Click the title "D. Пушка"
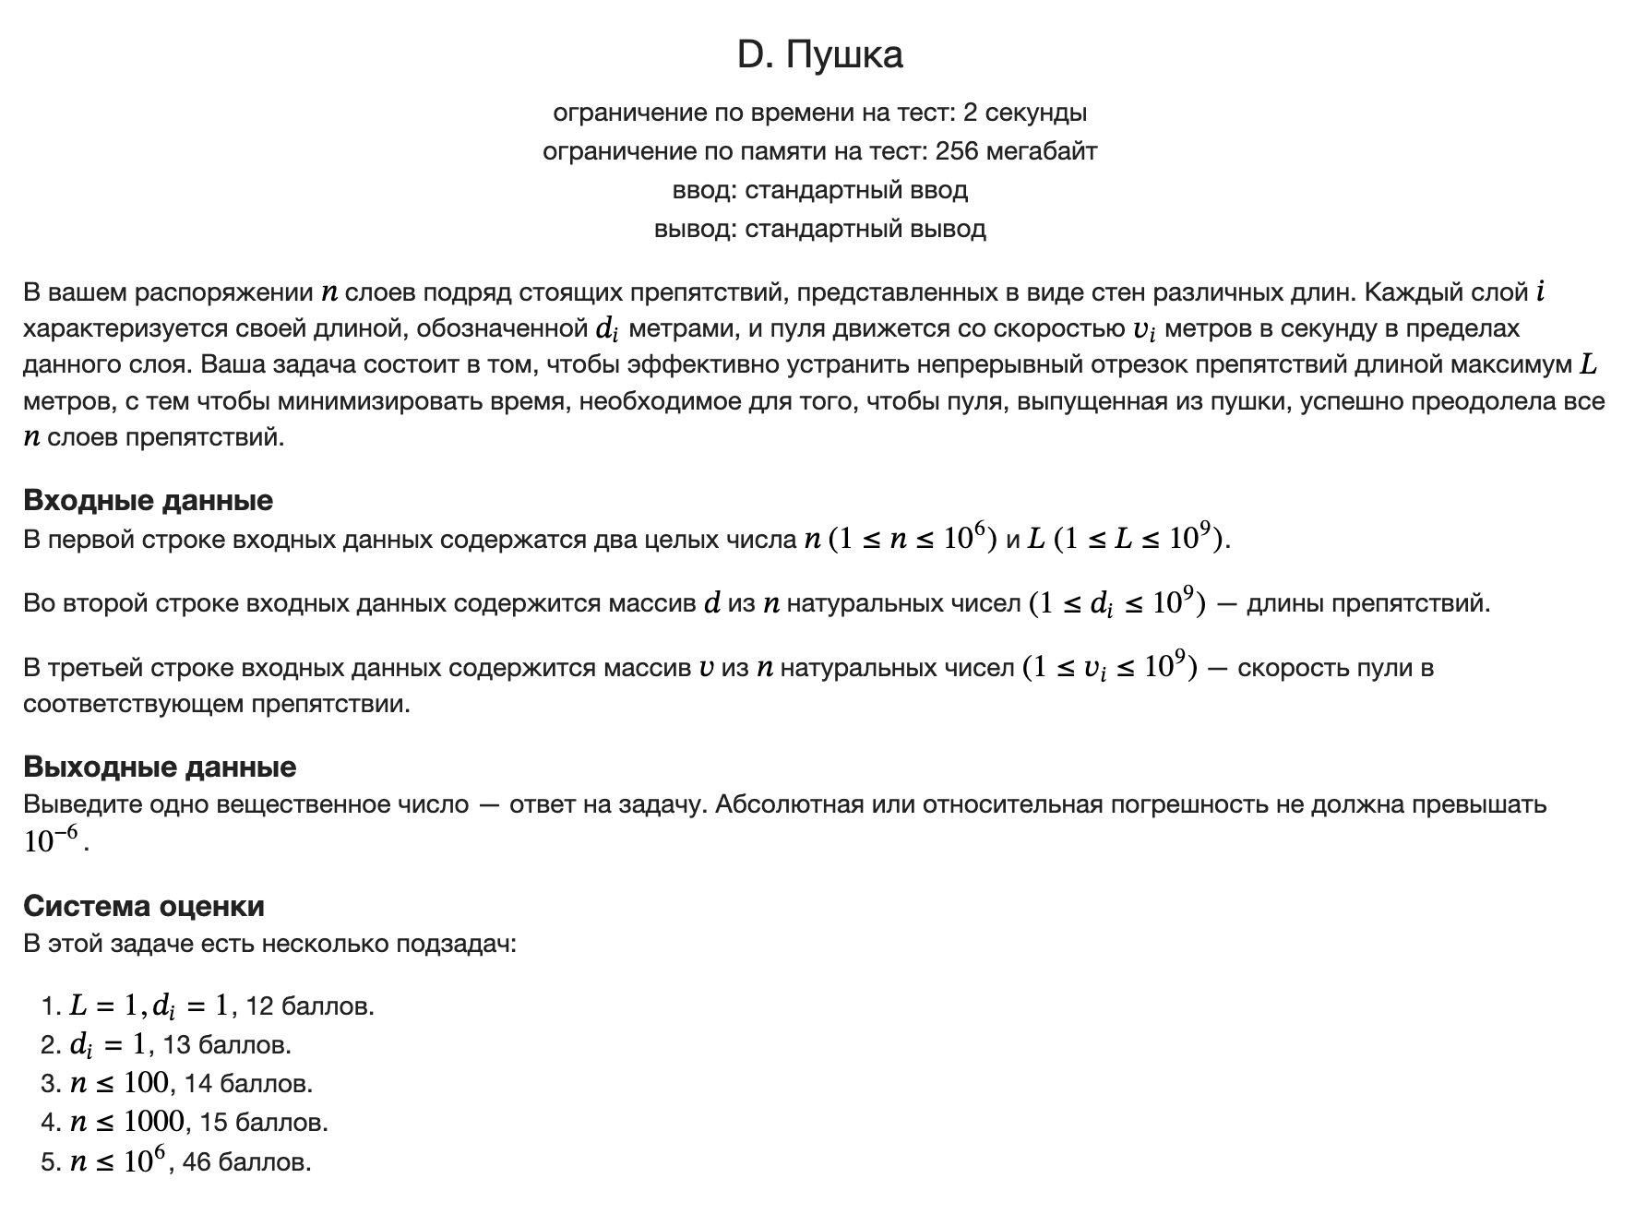pos(819,55)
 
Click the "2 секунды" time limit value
pos(1024,113)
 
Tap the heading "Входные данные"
pos(148,500)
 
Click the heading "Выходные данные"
pos(160,767)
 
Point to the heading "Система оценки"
pos(144,906)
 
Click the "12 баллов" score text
pos(309,1006)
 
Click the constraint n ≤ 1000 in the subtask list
pos(126,1122)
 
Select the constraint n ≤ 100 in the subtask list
pos(119,1083)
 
